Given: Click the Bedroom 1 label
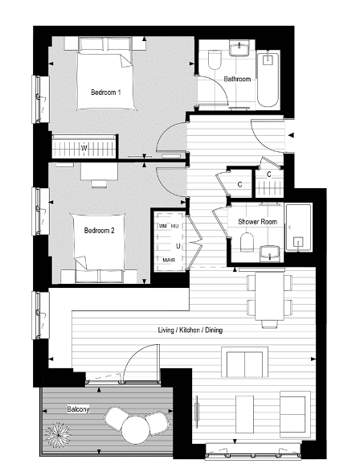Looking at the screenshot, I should coord(105,92).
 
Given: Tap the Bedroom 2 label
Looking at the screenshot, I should coord(100,230).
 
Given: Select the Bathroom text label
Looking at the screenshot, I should coord(237,79).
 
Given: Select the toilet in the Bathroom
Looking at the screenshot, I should coord(215,62).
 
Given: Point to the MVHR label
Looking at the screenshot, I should coord(168,260).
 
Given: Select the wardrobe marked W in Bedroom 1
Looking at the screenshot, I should coord(84,148).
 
